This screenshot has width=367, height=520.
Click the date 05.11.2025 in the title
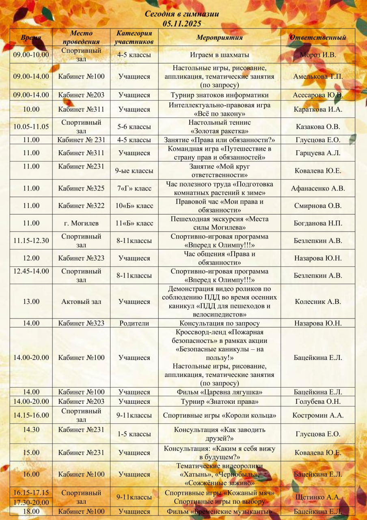(182, 24)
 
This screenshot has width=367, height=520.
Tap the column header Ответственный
(317, 37)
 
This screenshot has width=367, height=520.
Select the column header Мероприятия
(219, 37)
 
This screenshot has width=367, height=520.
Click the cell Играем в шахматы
(219, 54)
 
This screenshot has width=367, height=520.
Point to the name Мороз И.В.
(318, 54)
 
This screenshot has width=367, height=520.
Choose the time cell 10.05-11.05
(31, 126)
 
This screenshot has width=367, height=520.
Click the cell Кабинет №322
(81, 206)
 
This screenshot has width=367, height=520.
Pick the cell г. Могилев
(81, 223)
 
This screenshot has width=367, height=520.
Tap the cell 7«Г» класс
(134, 188)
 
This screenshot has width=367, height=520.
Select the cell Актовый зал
(81, 301)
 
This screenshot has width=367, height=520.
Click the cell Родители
(134, 323)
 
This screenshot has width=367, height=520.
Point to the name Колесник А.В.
(318, 301)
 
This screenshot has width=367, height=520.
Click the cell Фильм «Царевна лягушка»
(219, 392)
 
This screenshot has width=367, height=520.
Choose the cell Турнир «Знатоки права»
(219, 401)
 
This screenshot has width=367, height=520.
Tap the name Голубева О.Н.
(318, 401)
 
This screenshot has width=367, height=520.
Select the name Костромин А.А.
(318, 415)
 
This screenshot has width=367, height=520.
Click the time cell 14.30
(31, 429)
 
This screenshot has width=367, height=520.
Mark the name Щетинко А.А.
(318, 497)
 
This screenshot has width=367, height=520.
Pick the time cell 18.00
(31, 511)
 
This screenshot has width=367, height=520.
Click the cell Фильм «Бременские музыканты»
(219, 511)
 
